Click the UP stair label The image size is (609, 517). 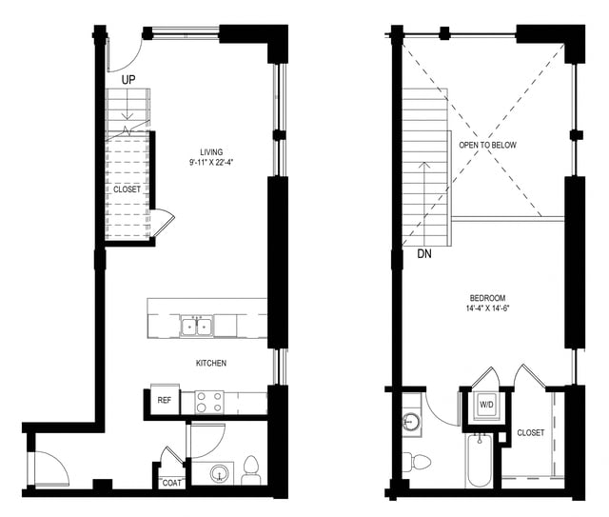128,79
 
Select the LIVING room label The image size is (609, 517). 212,152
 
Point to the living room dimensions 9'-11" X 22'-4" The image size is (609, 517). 212,163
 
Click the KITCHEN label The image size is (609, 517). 211,363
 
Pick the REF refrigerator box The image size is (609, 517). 165,401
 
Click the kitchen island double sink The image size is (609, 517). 197,328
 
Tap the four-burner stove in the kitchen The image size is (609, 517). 208,402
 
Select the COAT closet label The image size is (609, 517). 171,481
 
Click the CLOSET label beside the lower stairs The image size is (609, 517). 127,189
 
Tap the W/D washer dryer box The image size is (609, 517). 486,405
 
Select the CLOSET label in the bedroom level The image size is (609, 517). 531,433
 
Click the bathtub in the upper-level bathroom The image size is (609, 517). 478,460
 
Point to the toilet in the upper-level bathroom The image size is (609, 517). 419,463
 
